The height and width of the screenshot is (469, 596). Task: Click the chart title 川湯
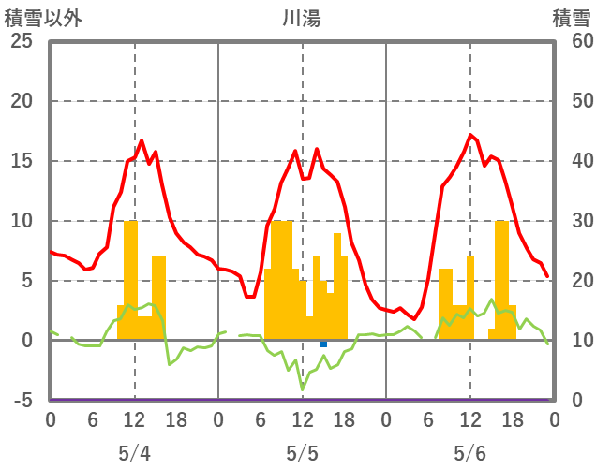302,18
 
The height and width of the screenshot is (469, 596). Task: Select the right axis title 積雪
571,18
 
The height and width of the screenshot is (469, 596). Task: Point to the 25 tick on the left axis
21,41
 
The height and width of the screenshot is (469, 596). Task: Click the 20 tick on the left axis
21,101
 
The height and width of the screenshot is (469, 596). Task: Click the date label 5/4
134,453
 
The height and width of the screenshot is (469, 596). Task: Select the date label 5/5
302,453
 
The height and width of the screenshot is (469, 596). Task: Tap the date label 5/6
470,453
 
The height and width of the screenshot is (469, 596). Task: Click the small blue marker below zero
323,344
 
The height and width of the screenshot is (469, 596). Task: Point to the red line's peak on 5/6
470,135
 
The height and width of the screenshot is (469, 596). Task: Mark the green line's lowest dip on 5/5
302,388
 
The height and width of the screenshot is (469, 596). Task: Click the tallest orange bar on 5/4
131,281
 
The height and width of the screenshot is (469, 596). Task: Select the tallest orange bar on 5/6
502,281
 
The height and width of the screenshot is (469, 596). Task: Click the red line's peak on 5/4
142,141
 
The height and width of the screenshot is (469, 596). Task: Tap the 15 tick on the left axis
21,161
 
